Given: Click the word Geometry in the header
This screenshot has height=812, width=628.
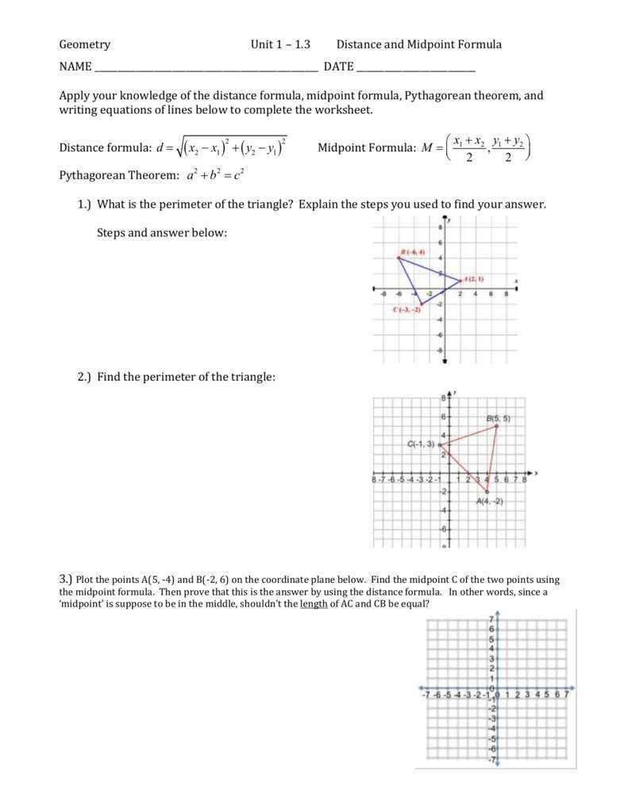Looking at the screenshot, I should click(x=85, y=44).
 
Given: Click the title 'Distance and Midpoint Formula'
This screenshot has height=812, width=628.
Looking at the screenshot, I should click(x=418, y=44).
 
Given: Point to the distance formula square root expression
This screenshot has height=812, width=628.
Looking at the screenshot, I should click(x=231, y=147).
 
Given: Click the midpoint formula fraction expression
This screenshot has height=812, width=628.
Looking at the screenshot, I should click(x=488, y=147).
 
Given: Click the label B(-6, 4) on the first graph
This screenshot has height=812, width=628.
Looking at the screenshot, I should click(x=413, y=251).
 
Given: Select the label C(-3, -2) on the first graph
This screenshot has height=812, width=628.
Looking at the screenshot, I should click(x=406, y=309).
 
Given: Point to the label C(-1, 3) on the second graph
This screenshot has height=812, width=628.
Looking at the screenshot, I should click(x=421, y=444).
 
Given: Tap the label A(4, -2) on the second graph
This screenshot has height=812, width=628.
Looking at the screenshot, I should click(x=490, y=502).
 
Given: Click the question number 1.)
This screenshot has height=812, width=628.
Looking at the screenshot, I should click(x=85, y=205).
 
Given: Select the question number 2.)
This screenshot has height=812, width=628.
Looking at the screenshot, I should click(x=85, y=377).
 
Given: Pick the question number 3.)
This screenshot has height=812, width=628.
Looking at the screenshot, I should click(x=65, y=580).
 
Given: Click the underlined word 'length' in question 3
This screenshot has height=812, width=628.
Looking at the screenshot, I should click(x=314, y=603).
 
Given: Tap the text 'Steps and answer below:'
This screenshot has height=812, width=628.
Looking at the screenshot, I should click(x=162, y=232).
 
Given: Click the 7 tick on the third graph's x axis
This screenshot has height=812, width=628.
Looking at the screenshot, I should click(x=566, y=695).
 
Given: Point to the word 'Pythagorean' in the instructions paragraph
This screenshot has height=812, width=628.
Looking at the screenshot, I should click(x=434, y=96).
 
